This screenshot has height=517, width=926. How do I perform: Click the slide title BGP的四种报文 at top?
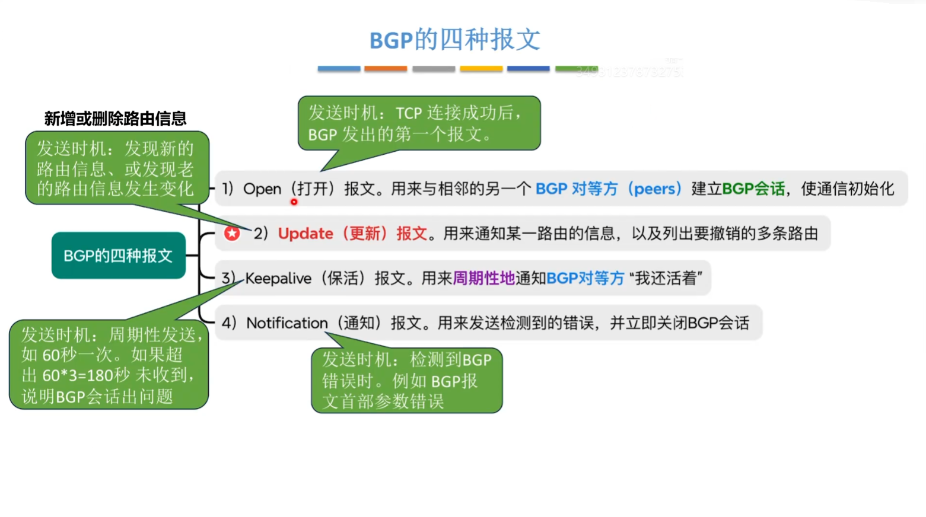(454, 40)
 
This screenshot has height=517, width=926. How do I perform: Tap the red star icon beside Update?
(232, 233)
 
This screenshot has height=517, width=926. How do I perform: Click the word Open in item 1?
(262, 189)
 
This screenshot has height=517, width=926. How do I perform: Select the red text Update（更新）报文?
(352, 234)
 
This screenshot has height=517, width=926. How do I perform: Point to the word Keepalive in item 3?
(278, 278)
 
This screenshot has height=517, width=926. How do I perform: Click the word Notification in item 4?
(287, 323)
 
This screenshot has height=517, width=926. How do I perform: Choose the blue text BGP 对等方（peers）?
(609, 189)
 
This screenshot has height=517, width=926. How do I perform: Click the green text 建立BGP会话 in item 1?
(737, 189)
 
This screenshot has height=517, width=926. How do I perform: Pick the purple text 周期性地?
(483, 278)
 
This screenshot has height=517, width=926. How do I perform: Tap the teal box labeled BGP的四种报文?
(118, 256)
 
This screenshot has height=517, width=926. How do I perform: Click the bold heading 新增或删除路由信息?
(115, 119)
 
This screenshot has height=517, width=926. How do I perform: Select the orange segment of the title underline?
(386, 69)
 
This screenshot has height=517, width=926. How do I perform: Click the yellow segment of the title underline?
(480, 69)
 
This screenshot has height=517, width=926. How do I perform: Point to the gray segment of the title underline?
(434, 69)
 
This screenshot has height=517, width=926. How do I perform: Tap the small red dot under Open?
(294, 202)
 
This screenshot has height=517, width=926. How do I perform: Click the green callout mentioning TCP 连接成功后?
(419, 123)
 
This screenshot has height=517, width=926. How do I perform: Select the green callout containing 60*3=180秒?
(109, 365)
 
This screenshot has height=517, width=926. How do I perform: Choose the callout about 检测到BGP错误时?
(406, 380)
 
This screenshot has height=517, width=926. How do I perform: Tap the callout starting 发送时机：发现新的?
(116, 168)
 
